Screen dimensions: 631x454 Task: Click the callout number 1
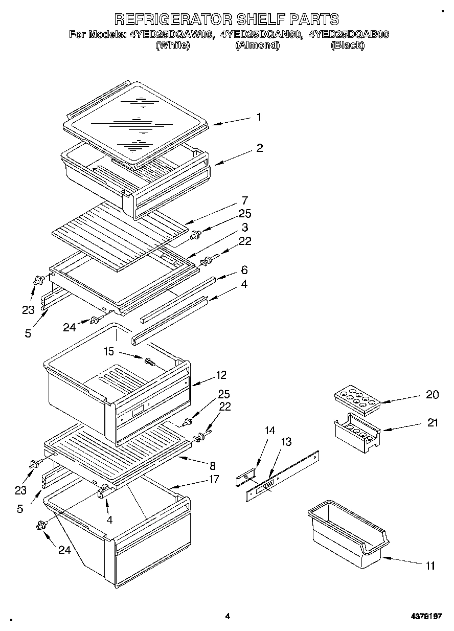[x=259, y=117]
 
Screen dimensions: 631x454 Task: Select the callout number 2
[x=260, y=148]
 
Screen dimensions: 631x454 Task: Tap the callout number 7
[x=245, y=200]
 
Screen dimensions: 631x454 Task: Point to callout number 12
[x=221, y=375]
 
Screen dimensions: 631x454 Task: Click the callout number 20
[x=432, y=394]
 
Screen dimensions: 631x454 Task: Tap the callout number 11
[x=430, y=566]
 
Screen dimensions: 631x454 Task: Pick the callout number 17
[x=214, y=479]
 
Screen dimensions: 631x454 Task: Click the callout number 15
[x=109, y=351]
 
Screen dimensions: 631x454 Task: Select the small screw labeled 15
[x=150, y=362]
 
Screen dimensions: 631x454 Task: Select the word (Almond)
[x=257, y=45]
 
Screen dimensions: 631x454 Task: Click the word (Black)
[x=348, y=45]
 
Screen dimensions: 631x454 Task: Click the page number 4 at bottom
[x=228, y=616]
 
